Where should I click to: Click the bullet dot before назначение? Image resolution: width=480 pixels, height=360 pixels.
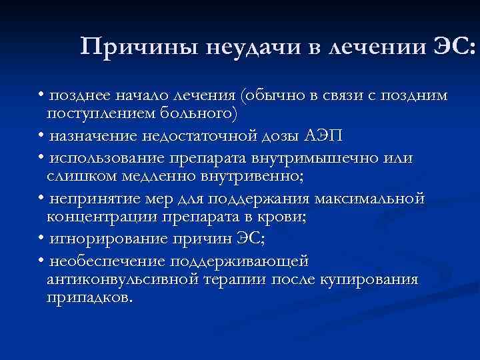tap(41, 136)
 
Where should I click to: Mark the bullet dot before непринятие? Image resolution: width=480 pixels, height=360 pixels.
tap(41, 199)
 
